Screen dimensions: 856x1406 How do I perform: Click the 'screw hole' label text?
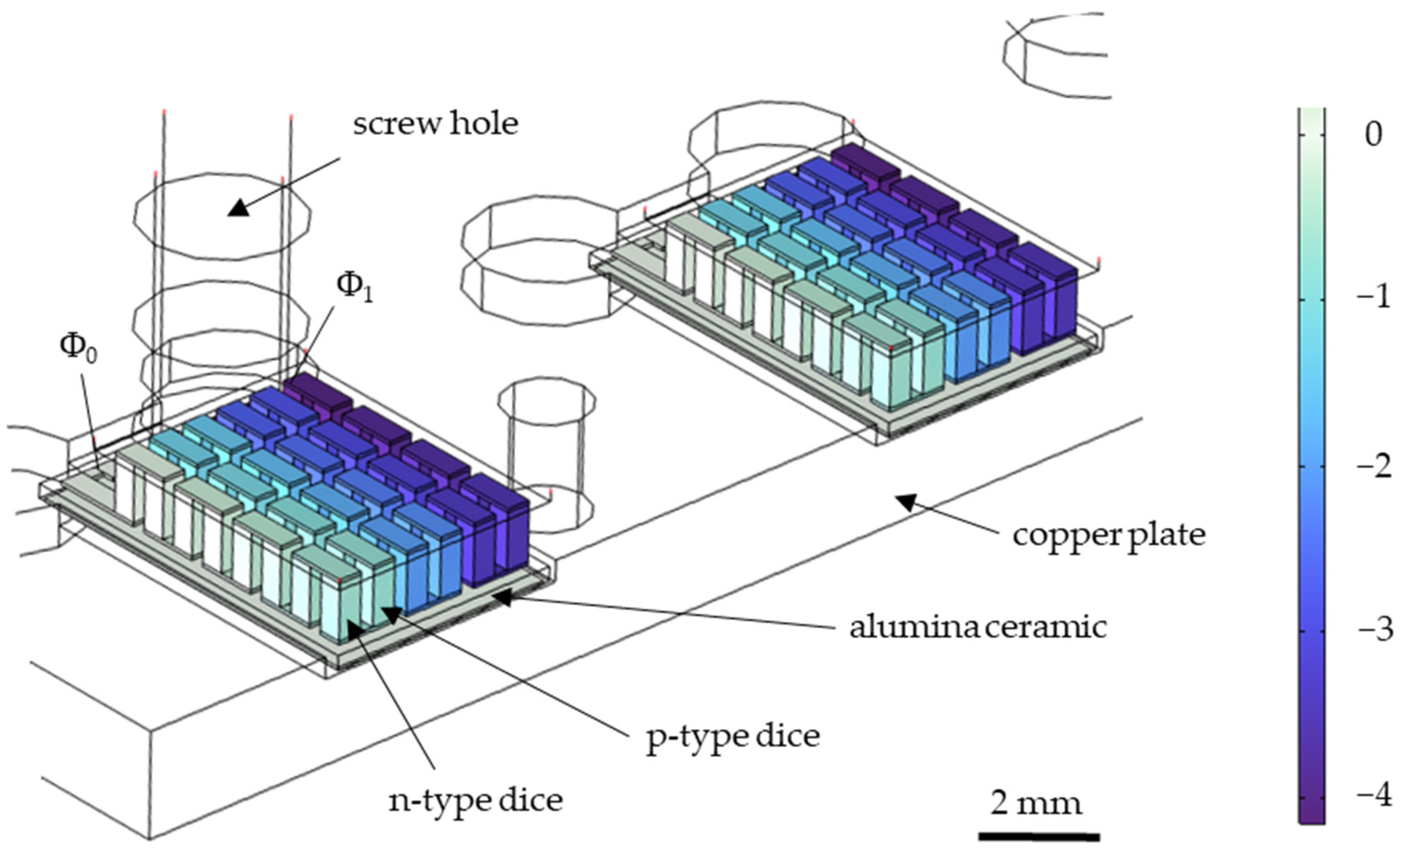pos(436,124)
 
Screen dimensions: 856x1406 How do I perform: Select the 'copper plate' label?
pos(1109,535)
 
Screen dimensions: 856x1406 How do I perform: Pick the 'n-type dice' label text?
pos(475,800)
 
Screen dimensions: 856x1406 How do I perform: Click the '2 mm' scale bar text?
pos(1036,803)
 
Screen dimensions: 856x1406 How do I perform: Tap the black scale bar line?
pos(1039,837)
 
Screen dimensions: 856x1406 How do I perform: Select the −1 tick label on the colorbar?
pos(1373,298)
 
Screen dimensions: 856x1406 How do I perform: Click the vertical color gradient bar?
pos(1311,465)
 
